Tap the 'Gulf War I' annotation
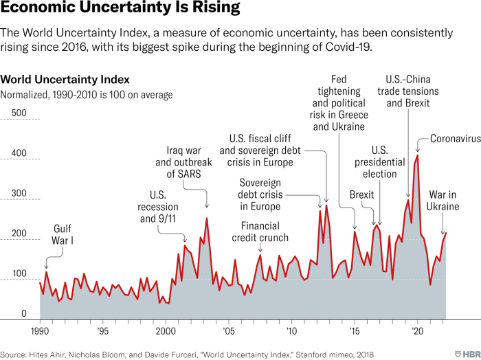coord(63,235)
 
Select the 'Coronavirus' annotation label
coord(454,138)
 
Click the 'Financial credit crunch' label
coord(265,232)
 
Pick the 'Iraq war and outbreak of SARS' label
coord(183,162)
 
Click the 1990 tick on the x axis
coord(40,331)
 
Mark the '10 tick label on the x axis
coord(291,331)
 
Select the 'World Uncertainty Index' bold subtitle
coord(65,80)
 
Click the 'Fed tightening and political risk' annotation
coord(343,102)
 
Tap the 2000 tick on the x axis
coord(166,331)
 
